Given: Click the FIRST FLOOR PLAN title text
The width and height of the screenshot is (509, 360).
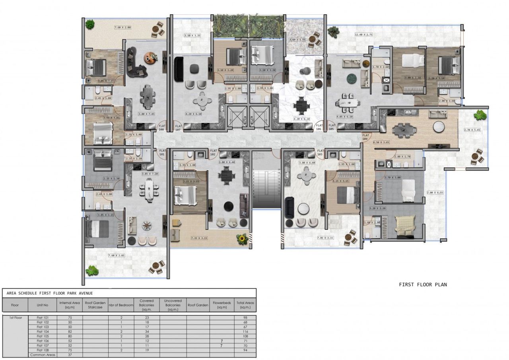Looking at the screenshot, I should point(423,284).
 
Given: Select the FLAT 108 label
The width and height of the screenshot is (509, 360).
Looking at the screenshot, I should point(162,127).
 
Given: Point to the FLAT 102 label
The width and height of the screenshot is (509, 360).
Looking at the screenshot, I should point(214,152).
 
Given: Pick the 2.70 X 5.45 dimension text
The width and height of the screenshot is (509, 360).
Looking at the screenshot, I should point(472,130).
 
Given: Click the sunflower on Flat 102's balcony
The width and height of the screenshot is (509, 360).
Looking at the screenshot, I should point(241,239).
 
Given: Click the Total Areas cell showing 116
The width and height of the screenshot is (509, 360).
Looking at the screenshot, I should point(245,331).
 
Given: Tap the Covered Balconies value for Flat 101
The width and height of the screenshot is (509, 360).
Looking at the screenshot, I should point(147,318).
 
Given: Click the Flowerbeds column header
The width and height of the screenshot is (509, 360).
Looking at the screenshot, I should point(221,305).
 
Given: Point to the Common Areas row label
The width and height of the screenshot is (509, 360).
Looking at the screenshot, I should point(43,354).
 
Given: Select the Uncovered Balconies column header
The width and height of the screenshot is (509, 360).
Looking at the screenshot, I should point(173,305).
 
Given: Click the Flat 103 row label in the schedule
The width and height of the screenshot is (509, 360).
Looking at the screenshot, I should point(43,327).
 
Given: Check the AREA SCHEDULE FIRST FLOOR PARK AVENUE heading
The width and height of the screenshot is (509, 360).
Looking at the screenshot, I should point(50,293).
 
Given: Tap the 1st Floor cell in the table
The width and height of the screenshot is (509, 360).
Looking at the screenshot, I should point(15,318).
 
